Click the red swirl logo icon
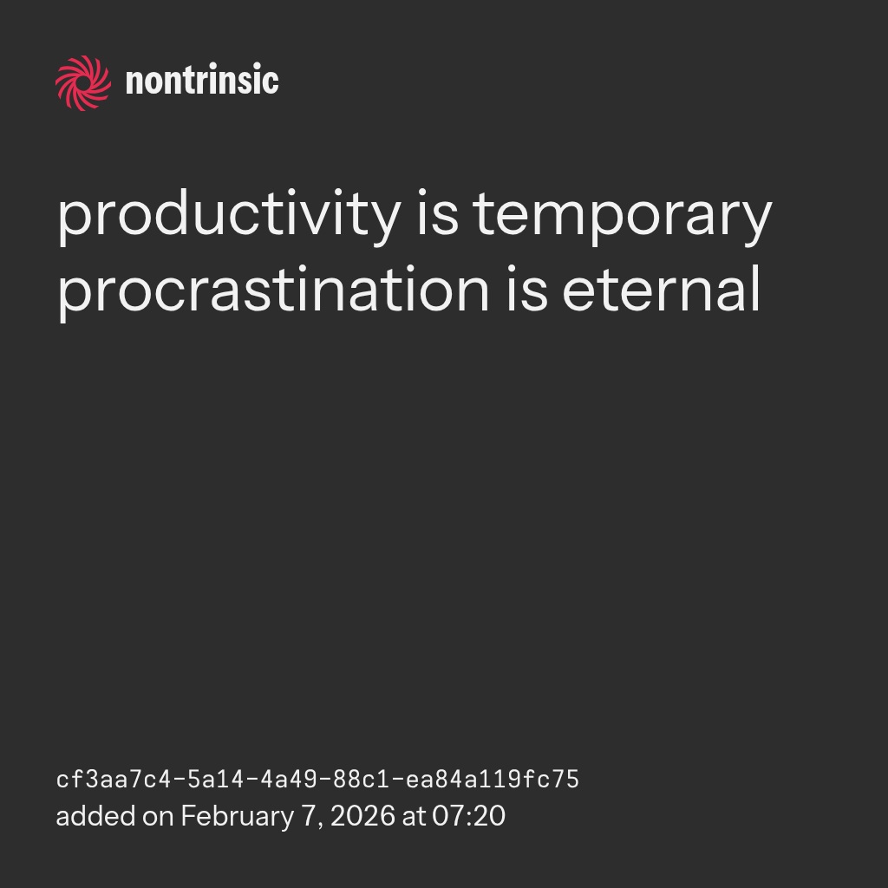pos(83,83)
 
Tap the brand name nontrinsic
pos(202,80)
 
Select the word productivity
pos(229,216)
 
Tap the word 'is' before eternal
pos(527,288)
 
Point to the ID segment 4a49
pos(289,780)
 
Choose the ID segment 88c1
pos(362,780)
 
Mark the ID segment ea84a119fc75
pos(493,780)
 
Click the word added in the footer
pos(95,816)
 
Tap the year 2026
pos(362,816)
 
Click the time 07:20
pos(468,816)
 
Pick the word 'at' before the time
pos(414,817)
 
